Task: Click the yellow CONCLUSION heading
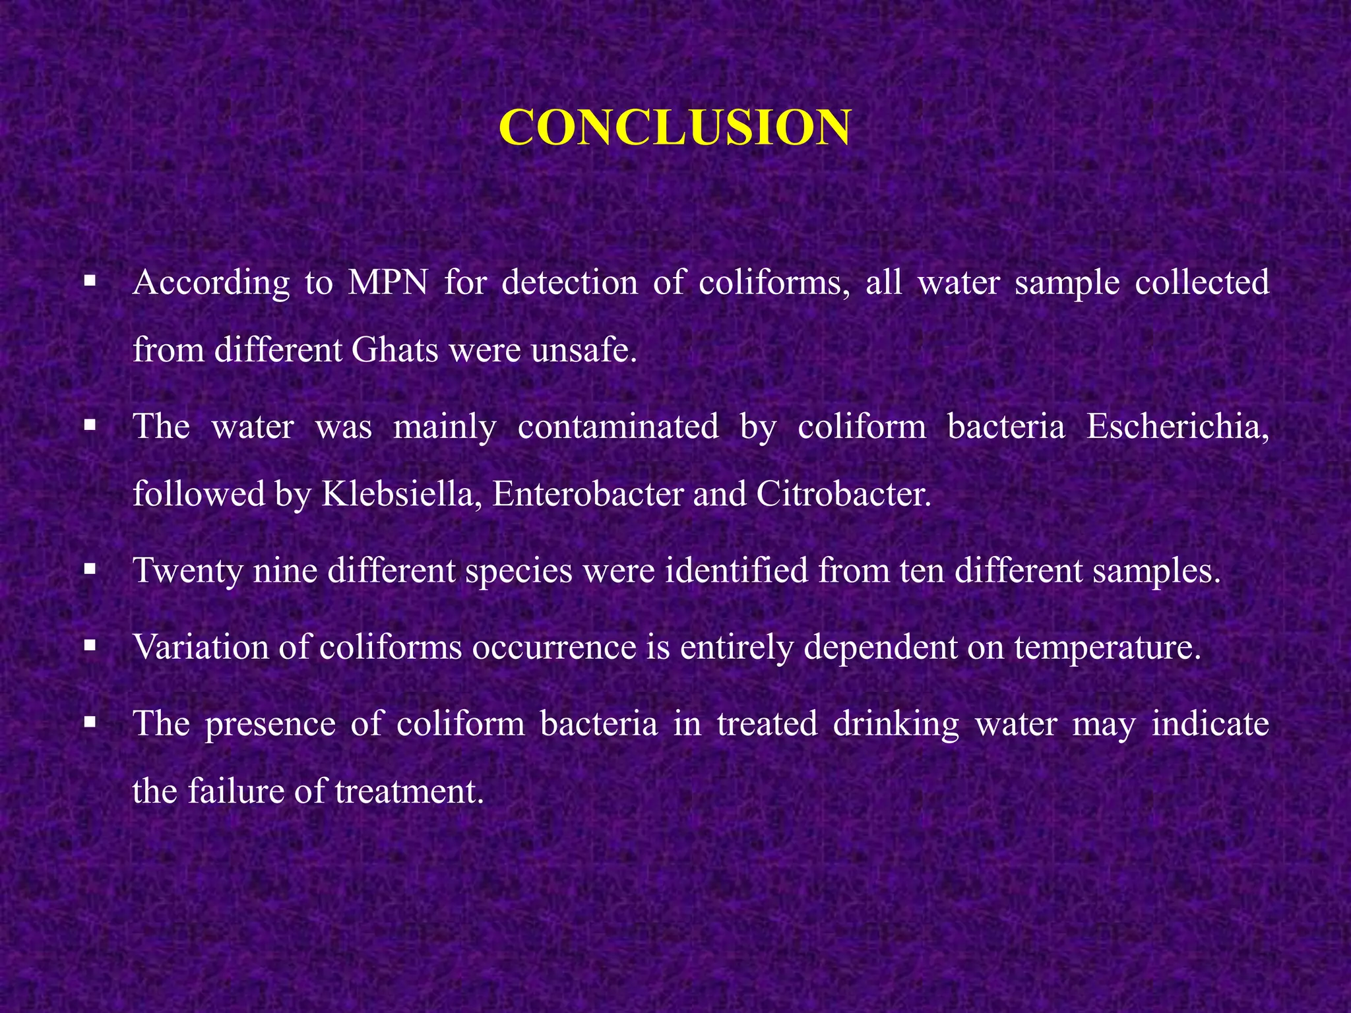click(675, 127)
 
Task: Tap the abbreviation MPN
click(388, 283)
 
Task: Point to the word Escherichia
click(1177, 426)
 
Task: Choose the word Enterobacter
click(587, 493)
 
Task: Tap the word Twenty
click(188, 570)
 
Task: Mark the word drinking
click(896, 724)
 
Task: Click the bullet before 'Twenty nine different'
click(90, 568)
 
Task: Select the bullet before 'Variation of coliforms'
click(90, 645)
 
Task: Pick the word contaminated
click(618, 426)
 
